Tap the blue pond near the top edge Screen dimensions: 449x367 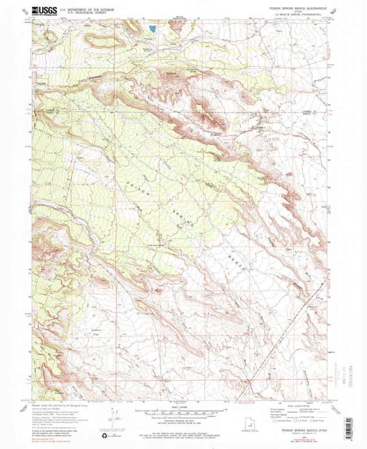(152, 29)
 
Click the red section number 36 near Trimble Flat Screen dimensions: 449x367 (93, 359)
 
